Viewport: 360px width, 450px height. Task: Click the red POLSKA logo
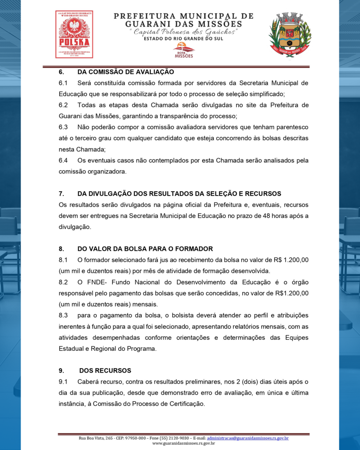pyautogui.click(x=74, y=34)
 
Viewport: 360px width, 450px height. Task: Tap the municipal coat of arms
pyautogui.click(x=290, y=34)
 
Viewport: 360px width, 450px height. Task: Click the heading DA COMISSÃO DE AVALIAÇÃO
pyautogui.click(x=126, y=72)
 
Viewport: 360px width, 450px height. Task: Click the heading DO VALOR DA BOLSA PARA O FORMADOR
pyautogui.click(x=145, y=248)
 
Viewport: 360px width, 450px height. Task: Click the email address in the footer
pyautogui.click(x=247, y=438)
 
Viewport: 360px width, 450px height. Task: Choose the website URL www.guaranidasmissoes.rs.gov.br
pyautogui.click(x=183, y=443)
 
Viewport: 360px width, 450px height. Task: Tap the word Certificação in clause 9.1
pyautogui.click(x=186, y=404)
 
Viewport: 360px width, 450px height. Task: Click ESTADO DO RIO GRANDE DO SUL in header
pyautogui.click(x=183, y=39)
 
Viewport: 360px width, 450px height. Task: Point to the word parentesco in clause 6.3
pyautogui.click(x=291, y=127)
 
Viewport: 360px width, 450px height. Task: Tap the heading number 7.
pyautogui.click(x=62, y=193)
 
